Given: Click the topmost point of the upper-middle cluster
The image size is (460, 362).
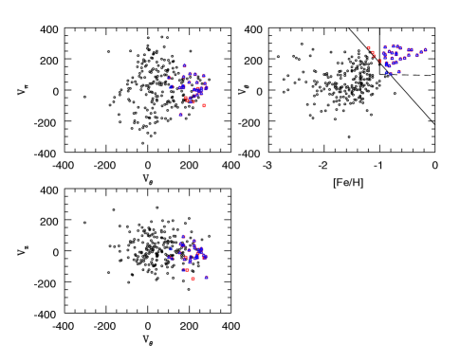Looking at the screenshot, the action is click(x=184, y=65).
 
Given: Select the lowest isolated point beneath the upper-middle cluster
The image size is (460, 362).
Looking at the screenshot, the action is click(x=180, y=115).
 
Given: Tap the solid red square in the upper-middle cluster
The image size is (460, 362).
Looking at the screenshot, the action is click(x=203, y=105).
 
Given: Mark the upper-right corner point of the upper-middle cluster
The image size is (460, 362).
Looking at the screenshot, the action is click(x=203, y=76).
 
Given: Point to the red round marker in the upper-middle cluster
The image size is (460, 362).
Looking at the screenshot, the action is click(x=187, y=98).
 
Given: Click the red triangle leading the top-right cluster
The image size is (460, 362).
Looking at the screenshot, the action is click(x=369, y=48).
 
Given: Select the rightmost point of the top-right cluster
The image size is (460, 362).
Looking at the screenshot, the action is click(x=425, y=50).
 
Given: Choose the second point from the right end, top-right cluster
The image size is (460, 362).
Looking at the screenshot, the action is click(x=420, y=53).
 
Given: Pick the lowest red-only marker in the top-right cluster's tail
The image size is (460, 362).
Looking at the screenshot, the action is click(x=379, y=62).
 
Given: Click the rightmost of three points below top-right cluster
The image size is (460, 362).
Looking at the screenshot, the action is click(x=398, y=71).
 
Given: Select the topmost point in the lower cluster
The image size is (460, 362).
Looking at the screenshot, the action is click(x=183, y=237).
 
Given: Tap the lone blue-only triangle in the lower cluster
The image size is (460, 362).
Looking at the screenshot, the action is click(x=171, y=250).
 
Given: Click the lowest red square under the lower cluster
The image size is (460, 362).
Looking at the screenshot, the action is click(x=193, y=279).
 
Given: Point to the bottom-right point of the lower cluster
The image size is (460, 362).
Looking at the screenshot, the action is click(x=206, y=277).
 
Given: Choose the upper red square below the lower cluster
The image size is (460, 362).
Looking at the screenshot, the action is click(x=187, y=270).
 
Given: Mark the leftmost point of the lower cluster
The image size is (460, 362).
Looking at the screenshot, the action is click(x=169, y=258).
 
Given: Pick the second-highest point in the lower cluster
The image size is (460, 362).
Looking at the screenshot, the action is click(x=193, y=241).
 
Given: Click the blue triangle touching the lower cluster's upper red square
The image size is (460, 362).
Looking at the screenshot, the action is click(x=183, y=270).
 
